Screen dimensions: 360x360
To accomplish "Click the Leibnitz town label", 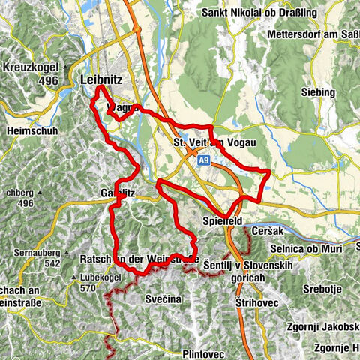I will click(104, 78).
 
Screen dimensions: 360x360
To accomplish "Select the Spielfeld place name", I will click(225, 222).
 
